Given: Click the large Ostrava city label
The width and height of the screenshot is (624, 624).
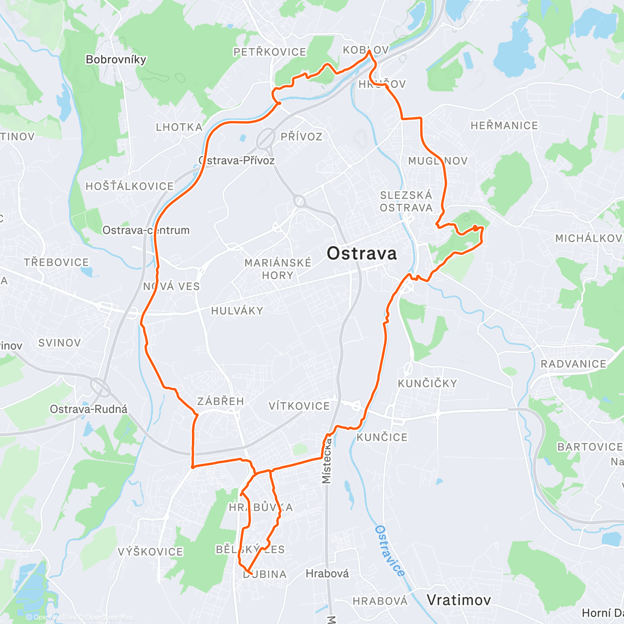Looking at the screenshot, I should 361,253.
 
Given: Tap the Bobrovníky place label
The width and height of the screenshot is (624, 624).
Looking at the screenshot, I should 116,59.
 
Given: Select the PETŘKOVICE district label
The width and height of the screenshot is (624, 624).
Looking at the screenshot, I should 269,52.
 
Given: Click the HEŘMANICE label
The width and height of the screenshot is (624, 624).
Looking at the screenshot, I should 504,125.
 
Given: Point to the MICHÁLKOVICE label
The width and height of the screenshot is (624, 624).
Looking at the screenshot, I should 589,238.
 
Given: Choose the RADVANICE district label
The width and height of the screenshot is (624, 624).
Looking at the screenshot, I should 573,364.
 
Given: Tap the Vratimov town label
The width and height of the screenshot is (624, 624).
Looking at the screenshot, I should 459,600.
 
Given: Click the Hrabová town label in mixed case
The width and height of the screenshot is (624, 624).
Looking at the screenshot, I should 327,574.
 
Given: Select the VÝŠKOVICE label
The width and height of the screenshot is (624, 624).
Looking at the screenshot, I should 150,552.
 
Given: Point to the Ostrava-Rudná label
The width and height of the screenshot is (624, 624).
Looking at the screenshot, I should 88,409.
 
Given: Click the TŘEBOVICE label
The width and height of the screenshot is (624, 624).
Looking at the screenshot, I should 56,262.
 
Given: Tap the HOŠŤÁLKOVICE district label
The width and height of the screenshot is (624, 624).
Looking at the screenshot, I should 129,186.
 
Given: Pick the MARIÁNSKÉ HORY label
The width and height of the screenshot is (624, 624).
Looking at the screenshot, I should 278,269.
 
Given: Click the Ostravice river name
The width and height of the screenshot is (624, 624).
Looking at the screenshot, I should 389,551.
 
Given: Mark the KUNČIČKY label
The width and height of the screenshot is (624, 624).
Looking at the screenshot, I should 427,383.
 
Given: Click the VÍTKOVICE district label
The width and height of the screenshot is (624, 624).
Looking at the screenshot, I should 299,406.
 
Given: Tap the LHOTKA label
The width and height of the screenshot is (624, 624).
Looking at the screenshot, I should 179,127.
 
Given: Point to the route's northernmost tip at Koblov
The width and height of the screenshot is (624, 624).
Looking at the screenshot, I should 369,51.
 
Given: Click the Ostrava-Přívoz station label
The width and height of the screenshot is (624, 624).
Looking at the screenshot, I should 237,160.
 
